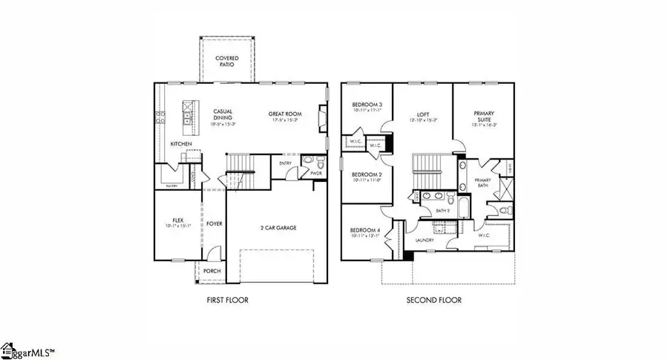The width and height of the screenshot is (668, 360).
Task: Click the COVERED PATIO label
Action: pos(226,61)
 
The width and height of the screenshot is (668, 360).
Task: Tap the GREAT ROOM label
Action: pos(284,114)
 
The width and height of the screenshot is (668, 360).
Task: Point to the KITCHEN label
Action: pos(181,143)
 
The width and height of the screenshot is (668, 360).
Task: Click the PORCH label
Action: pos(212,271)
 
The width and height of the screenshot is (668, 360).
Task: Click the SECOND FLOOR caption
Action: pos(433,300)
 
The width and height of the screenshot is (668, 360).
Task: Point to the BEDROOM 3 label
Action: pos(366,105)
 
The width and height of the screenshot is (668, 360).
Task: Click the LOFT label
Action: pos(421,114)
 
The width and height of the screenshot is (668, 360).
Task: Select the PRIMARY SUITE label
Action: pos(484,117)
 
